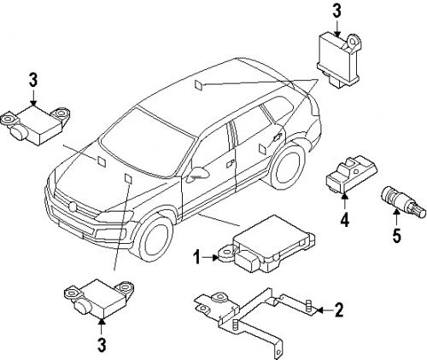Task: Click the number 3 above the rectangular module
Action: (336, 11)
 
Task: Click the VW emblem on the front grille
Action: (72, 206)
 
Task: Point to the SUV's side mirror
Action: (199, 173)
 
